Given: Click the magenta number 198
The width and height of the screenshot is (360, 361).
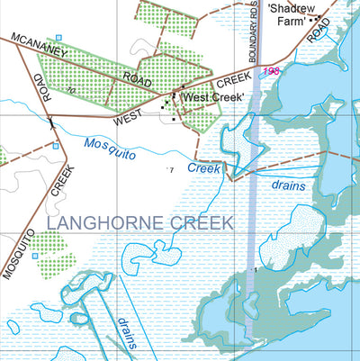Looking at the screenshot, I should click(267, 71).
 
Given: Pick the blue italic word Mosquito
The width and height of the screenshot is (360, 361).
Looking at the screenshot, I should click(109, 147).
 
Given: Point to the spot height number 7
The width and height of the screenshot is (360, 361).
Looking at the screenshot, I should click(170, 168).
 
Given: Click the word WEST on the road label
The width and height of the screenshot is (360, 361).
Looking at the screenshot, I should click(128, 117).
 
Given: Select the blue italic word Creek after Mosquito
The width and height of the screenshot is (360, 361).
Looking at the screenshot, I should click(204, 167).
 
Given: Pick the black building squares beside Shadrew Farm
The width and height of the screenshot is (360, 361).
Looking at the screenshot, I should click(315, 19).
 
